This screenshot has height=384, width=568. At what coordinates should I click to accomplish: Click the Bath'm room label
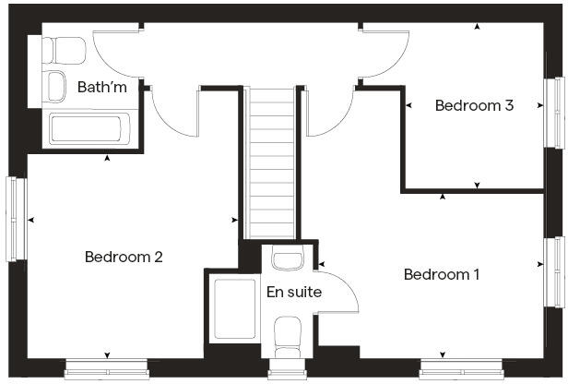click(x=101, y=88)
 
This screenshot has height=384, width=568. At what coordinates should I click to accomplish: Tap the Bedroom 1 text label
click(x=442, y=274)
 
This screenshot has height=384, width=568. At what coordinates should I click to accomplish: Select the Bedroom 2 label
click(x=124, y=257)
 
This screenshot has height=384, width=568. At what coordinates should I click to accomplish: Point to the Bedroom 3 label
click(x=474, y=105)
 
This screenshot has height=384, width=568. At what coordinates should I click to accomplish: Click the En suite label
click(x=294, y=293)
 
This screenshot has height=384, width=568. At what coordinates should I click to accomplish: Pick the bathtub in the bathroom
click(x=91, y=129)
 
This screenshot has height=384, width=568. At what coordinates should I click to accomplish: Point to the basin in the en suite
click(x=289, y=258)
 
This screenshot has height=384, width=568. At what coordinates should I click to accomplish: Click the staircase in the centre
click(x=271, y=162)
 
